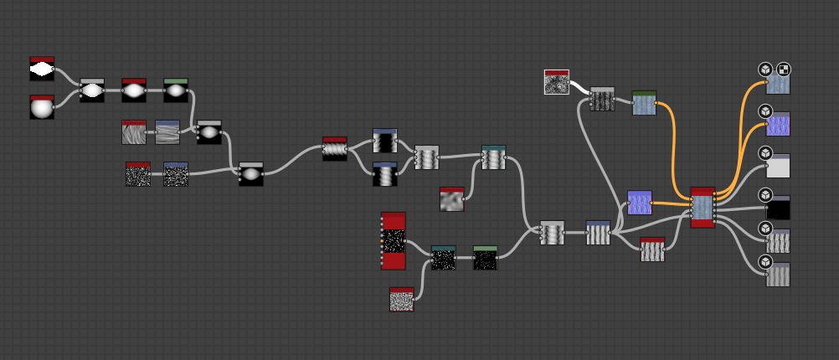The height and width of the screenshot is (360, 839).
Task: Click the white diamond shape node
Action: (42, 69)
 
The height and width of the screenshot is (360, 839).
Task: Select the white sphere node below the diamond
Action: (42, 108)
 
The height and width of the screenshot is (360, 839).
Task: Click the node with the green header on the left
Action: (176, 90)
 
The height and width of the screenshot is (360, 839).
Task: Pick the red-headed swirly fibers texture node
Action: (134, 132)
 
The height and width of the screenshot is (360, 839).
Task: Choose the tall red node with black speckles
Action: (394, 241)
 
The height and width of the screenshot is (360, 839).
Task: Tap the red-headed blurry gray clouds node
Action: (452, 199)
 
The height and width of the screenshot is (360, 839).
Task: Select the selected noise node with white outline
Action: (557, 82)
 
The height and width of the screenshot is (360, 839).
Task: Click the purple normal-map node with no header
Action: (640, 203)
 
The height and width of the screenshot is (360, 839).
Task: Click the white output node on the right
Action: (778, 166)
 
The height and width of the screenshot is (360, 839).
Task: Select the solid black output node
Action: (778, 208)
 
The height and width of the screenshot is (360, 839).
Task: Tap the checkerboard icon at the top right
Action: (784, 69)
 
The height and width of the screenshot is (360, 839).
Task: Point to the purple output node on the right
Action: (778, 124)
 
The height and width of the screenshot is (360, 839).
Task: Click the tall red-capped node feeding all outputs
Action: (703, 207)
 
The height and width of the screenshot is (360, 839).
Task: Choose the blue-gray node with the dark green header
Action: (644, 103)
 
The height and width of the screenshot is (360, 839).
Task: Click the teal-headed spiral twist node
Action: (494, 157)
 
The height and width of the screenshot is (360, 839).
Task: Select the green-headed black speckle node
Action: (485, 258)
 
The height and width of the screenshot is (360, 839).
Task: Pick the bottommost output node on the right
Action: (778, 274)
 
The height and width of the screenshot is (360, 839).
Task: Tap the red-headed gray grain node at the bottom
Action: (402, 299)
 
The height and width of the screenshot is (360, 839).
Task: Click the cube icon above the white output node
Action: (764, 153)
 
